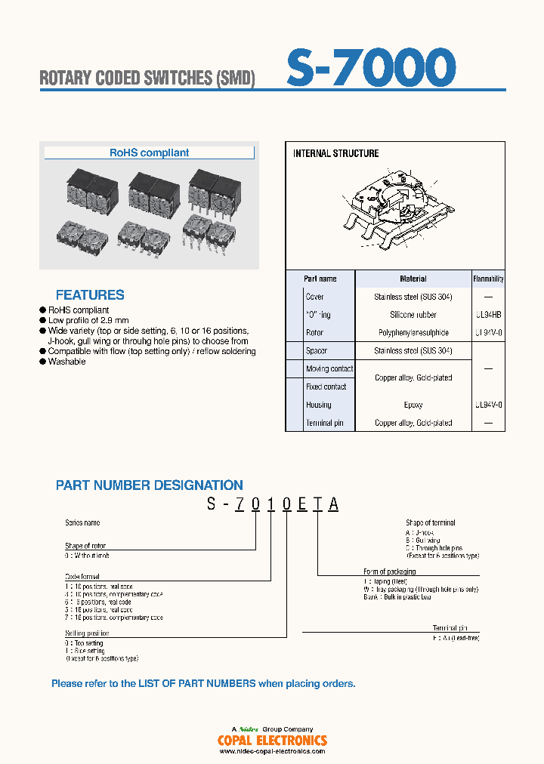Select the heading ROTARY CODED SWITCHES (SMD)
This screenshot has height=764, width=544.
coord(147,79)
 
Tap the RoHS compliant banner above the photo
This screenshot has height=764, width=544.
coord(150,152)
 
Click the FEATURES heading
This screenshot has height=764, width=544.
coord(90,295)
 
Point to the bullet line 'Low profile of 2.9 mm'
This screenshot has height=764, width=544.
coord(88,320)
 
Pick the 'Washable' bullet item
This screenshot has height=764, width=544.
coord(67,362)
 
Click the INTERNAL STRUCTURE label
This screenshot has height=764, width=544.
coord(335,153)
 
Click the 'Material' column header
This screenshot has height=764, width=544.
coord(413,279)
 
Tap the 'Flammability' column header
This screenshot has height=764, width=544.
coord(489,279)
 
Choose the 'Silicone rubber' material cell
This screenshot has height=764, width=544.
coord(413,315)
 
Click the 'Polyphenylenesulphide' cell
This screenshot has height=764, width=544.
coord(413,333)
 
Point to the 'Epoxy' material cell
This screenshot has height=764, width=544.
coord(413,405)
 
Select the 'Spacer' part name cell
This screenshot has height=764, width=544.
coord(317,351)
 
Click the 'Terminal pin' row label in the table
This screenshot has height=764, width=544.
coord(324,424)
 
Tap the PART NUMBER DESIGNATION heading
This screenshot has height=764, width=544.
coord(150,485)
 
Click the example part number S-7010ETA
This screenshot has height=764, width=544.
coord(273,506)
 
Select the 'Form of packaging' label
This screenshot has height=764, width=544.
coord(389,571)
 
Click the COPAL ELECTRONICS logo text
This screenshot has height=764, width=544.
coord(272,741)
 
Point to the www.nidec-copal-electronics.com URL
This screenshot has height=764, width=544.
coord(272,751)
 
